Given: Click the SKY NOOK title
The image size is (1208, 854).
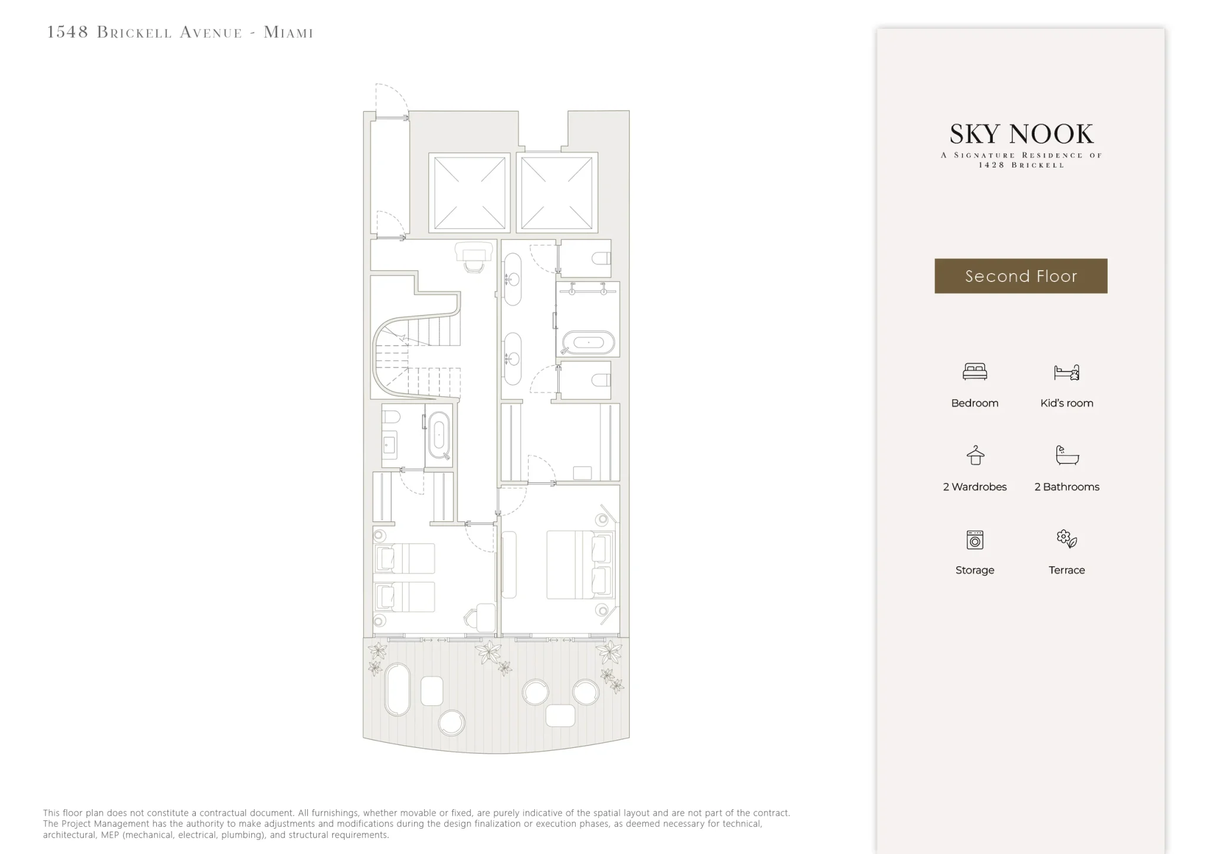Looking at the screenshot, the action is pyautogui.click(x=1021, y=134).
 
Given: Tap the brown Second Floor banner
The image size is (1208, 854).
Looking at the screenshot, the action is pyautogui.click(x=1021, y=276).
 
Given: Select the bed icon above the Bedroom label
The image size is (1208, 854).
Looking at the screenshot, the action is pyautogui.click(x=974, y=372).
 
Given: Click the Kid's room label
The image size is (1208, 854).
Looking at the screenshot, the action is pyautogui.click(x=1066, y=403).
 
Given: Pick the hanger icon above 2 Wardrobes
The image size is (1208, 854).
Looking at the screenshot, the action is pyautogui.click(x=975, y=455).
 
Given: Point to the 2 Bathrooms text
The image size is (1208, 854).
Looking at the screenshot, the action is pyautogui.click(x=1066, y=487).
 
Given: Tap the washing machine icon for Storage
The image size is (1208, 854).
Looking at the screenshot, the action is pyautogui.click(x=975, y=540).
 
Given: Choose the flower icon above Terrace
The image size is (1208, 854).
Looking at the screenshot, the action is pyautogui.click(x=1066, y=538).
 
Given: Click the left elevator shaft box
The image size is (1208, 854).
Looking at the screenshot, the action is pyautogui.click(x=470, y=192).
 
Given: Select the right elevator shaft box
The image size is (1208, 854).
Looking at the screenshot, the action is pyautogui.click(x=557, y=192).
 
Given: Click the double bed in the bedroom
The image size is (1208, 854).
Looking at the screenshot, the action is pyautogui.click(x=580, y=565).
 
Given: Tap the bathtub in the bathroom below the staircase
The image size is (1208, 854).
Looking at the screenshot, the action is pyautogui.click(x=438, y=436).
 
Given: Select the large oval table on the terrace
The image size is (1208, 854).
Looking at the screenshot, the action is pyautogui.click(x=397, y=690).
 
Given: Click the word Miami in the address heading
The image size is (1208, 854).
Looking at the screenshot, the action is pyautogui.click(x=288, y=32).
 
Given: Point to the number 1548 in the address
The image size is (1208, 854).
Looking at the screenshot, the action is pyautogui.click(x=67, y=32).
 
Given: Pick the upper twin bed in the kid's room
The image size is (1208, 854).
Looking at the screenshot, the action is pyautogui.click(x=405, y=559).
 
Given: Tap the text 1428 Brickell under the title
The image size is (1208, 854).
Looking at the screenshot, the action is pyautogui.click(x=1021, y=165).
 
